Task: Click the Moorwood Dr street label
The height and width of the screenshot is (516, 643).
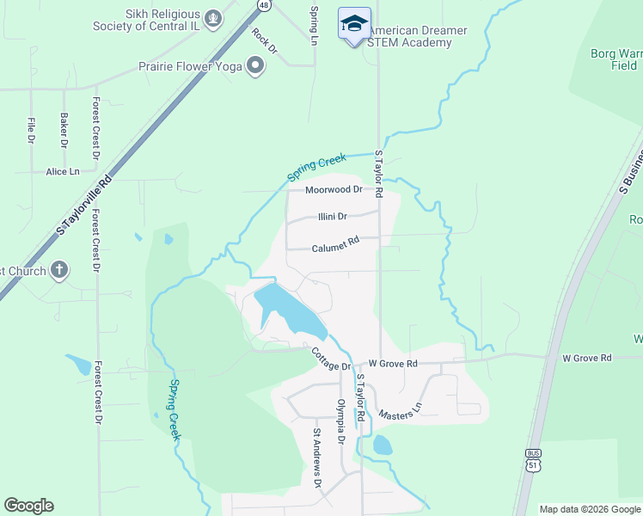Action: click(334, 189)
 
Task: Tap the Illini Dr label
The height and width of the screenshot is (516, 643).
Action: click(331, 217)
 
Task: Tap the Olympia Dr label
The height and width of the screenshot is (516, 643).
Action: click(341, 421)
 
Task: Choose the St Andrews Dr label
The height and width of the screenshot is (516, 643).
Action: click(316, 471)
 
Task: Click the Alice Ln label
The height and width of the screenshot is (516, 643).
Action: click(62, 172)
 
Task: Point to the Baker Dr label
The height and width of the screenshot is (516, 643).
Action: click(64, 128)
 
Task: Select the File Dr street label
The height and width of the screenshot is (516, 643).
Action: click(31, 130)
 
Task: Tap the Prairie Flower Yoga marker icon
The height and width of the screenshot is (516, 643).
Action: click(255, 66)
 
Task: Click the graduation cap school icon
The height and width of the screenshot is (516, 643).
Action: click(354, 23)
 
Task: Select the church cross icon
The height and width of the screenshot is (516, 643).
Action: click(58, 271)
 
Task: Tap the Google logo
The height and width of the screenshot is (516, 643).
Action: click(28, 506)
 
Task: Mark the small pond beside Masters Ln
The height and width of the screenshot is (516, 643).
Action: click(383, 445)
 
